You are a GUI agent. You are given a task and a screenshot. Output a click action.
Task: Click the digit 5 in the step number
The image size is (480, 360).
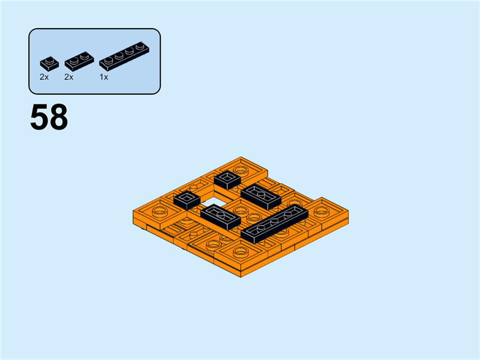pyautogui.click(x=40, y=118)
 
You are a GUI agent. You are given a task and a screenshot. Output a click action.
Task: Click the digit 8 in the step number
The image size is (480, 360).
pyautogui.click(x=58, y=118)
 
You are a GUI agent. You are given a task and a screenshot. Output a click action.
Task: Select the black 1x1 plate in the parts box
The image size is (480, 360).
pyautogui.click(x=49, y=61)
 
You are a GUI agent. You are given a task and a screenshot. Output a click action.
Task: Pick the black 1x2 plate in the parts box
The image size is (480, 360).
pyautogui.click(x=77, y=59)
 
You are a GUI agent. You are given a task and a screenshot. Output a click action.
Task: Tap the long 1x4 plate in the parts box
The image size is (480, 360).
pyautogui.click(x=124, y=55)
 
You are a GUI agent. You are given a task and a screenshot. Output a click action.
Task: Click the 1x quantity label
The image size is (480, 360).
pyautogui.click(x=104, y=77)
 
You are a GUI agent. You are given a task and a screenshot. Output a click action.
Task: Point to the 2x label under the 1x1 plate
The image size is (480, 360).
pyautogui.click(x=44, y=77)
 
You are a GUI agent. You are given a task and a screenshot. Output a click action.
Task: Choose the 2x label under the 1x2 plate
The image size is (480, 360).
pyautogui.click(x=68, y=77)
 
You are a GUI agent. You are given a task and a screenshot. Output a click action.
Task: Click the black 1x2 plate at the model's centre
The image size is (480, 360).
pyautogui.click(x=220, y=217)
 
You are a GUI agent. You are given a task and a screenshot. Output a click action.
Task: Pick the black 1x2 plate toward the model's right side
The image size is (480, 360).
pyautogui.click(x=261, y=196)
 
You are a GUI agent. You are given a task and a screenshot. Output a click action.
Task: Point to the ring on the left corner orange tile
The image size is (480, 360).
pyautogui.click(x=160, y=211)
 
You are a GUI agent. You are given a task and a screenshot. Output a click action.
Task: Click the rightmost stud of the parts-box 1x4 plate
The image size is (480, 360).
pyautogui.click(x=140, y=46)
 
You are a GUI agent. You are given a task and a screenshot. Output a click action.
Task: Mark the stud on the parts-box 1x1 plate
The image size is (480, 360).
pyautogui.click(x=48, y=58)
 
